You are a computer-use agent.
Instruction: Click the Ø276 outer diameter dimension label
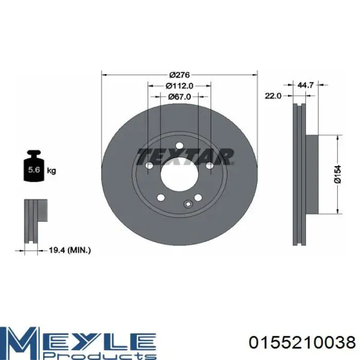[179, 75]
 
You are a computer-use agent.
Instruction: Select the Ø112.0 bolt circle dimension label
[179, 86]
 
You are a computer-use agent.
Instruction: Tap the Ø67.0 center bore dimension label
[179, 97]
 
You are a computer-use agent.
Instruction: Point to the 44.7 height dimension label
[305, 85]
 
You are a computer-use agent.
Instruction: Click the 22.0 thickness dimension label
[273, 96]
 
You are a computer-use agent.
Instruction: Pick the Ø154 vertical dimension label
[338, 174]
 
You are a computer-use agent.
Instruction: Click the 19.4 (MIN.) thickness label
[70, 250]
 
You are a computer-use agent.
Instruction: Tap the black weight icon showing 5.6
[34, 166]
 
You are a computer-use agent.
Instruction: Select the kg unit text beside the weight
[51, 171]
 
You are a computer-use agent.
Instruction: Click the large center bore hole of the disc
[179, 173]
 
